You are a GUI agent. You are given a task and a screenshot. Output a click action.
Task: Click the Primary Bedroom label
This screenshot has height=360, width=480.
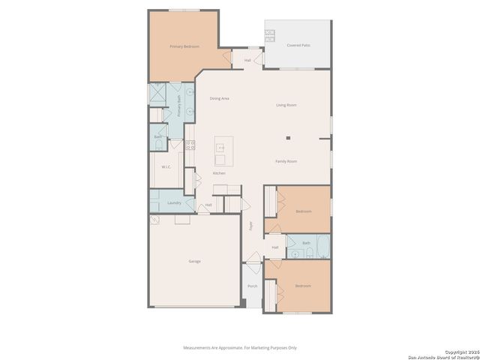pos(184,46)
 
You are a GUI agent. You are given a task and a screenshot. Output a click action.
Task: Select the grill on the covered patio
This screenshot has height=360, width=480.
pos(270,34)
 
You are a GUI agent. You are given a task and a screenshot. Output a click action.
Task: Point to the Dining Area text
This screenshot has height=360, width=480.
pos(219,98)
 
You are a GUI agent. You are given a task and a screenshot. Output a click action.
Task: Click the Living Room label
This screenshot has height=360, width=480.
pos(286,105)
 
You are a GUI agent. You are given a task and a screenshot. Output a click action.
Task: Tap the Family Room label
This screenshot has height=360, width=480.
pos(286,161)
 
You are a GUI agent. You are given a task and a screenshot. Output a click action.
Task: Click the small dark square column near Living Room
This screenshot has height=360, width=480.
pos(288,137)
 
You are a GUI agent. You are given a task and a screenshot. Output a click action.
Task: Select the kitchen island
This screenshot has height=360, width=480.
pos(221,151)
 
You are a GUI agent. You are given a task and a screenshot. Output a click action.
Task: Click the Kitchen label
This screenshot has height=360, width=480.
pos(219,173)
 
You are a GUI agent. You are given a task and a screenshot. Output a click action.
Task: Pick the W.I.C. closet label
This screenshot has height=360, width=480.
pos(166,166)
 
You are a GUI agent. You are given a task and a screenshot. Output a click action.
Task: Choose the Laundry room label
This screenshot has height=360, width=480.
pos(174,202)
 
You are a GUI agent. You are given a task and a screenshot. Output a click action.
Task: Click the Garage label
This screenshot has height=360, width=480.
pos(194,261)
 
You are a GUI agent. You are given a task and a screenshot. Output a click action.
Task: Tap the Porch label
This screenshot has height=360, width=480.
pos(253,286)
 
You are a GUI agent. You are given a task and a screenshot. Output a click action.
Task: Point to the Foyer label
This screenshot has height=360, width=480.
pos(250,225)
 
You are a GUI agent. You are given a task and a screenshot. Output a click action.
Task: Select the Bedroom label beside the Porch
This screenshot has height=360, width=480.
pos(302,286)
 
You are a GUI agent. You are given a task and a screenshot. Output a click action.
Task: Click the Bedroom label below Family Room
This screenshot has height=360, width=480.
pos(303,211)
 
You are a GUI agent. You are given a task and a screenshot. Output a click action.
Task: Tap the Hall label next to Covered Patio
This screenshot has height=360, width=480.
pos(247,60)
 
